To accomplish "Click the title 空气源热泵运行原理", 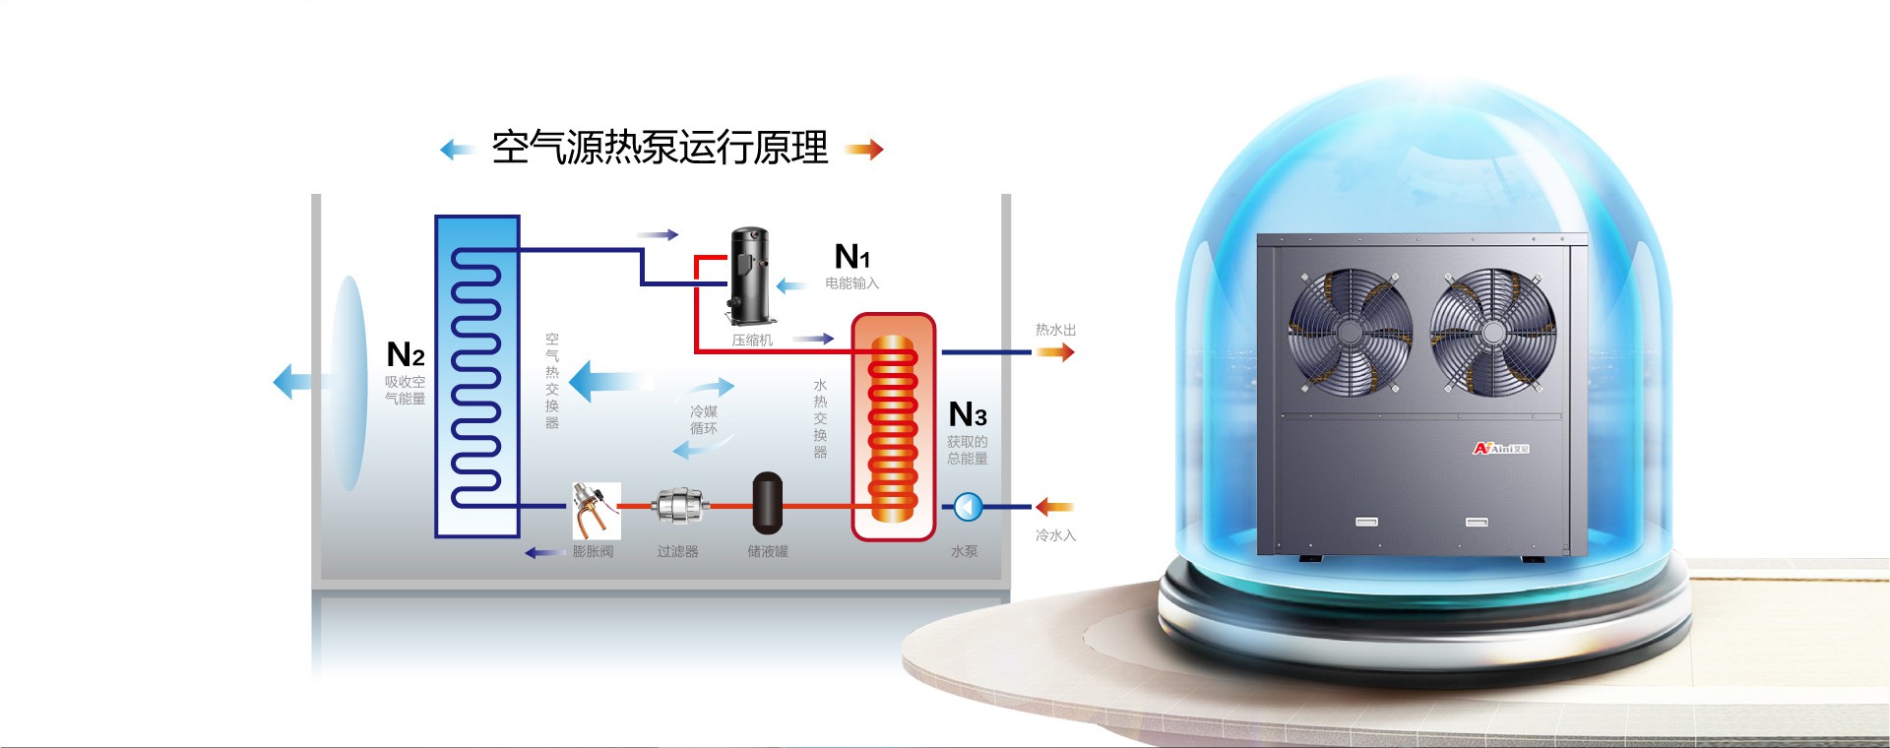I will tap(660, 149).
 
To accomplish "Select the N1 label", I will tap(851, 257).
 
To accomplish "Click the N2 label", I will tap(406, 354).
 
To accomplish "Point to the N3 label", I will tap(967, 414).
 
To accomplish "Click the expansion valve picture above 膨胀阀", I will tap(596, 510).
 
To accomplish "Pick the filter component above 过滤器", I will tap(679, 506).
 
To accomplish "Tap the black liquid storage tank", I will tap(767, 503).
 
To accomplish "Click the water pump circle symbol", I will tap(968, 507).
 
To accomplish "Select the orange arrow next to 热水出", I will tap(1054, 351).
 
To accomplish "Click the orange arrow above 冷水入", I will tap(1053, 507).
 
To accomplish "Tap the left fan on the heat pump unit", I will tap(1350, 333).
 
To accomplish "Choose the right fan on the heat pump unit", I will tap(1492, 333).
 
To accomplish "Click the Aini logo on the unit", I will tap(1500, 449).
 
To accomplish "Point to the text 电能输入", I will tap(851, 283).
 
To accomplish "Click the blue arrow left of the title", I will tap(457, 150).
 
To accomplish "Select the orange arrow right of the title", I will tap(864, 150).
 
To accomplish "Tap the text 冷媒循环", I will tap(704, 420).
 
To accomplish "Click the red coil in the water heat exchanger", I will tap(893, 428).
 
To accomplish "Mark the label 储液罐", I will tap(768, 552).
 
